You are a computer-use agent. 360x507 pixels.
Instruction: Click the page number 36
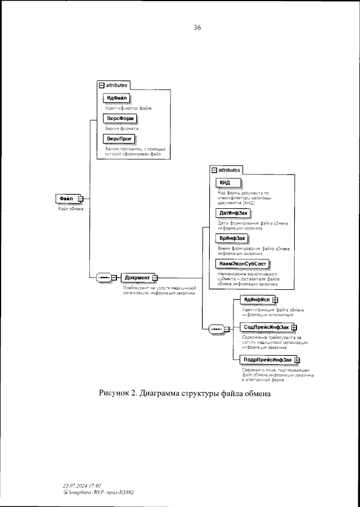pyautogui.click(x=197, y=28)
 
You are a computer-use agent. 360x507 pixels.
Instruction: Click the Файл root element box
pyautogui.click(x=66, y=199)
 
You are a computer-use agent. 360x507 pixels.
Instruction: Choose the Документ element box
pyautogui.click(x=137, y=277)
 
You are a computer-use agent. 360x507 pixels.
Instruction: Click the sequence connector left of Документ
pyautogui.click(x=105, y=277)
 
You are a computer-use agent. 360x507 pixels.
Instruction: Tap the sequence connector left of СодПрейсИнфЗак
pyautogui.click(x=216, y=329)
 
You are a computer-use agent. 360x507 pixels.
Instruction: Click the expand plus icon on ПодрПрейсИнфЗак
pyautogui.click(x=296, y=360)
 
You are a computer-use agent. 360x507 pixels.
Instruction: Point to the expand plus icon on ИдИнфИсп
pyautogui.click(x=275, y=300)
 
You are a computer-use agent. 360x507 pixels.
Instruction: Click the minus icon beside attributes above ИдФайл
pyautogui.click(x=101, y=85)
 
